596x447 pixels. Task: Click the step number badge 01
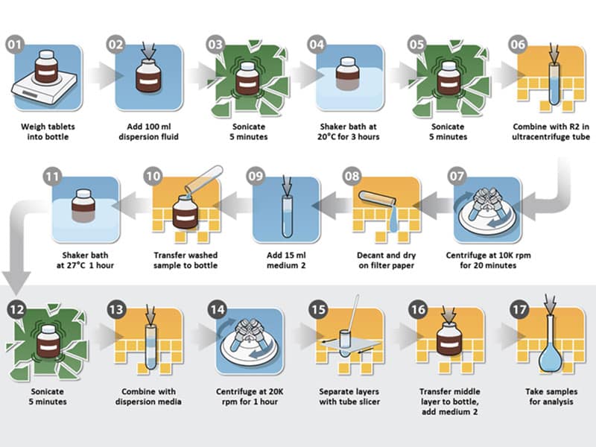[15, 45]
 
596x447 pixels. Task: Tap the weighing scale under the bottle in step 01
[44, 88]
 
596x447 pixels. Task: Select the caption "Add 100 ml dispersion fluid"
[148, 132]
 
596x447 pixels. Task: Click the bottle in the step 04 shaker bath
[348, 74]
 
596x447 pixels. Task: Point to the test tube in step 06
[554, 83]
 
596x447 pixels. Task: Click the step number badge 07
[457, 177]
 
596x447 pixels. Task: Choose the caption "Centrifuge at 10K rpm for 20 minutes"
[488, 260]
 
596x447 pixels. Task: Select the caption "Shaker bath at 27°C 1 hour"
[85, 260]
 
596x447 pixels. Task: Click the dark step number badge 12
[16, 309]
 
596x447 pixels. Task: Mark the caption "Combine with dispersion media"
[148, 396]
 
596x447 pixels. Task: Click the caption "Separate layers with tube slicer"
[349, 396]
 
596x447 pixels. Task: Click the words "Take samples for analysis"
[551, 396]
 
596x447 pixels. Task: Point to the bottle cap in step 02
[148, 61]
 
